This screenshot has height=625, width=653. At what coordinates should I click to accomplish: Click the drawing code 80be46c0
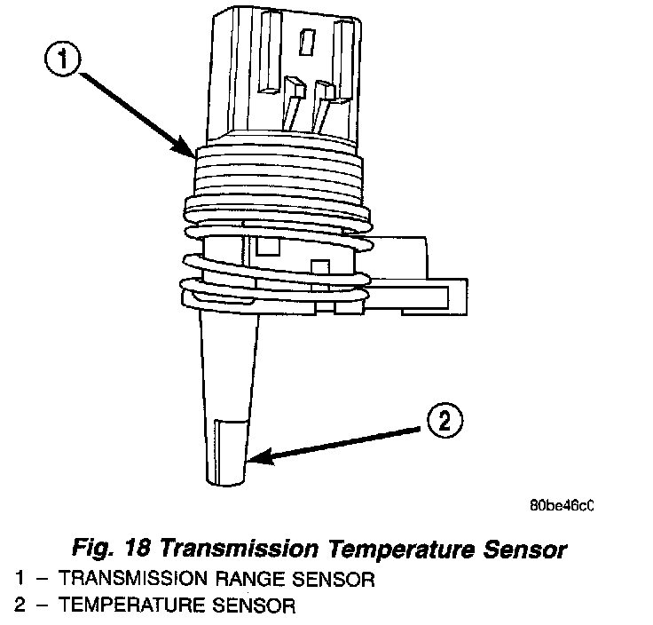coord(560,507)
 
